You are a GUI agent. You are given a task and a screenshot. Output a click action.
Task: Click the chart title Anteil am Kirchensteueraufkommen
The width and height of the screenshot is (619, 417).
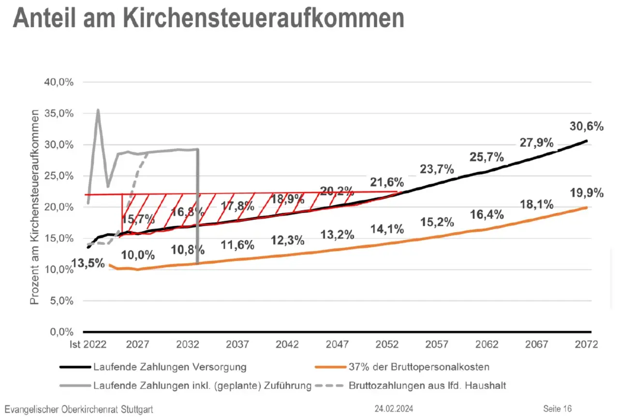[x=208, y=18]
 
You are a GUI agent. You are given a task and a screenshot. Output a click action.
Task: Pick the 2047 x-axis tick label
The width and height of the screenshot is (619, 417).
[x=338, y=345]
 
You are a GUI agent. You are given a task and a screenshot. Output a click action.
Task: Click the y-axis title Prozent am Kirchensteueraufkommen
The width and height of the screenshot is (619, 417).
[x=34, y=207]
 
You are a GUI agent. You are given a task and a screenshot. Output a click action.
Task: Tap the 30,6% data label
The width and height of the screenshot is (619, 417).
[x=587, y=127]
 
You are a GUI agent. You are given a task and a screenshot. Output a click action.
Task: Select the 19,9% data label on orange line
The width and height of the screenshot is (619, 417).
[x=587, y=193]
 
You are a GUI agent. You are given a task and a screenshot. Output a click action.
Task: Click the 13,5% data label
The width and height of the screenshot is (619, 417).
[x=88, y=264]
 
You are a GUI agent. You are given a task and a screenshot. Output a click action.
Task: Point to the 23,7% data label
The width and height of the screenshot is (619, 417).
[x=437, y=169]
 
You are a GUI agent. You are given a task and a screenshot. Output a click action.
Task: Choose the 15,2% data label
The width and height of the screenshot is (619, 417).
[x=437, y=223]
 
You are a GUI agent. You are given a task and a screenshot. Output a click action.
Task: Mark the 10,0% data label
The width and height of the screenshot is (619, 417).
[x=138, y=254]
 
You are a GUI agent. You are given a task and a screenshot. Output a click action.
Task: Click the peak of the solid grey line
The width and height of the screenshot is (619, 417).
[x=98, y=110]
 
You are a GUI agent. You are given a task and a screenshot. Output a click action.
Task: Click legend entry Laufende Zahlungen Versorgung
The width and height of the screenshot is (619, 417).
[x=170, y=367]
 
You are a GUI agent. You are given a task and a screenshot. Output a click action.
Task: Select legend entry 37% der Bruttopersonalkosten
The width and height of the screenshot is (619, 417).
[x=418, y=367]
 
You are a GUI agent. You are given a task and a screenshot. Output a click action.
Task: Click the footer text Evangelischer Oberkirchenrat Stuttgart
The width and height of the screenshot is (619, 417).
[x=79, y=409]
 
